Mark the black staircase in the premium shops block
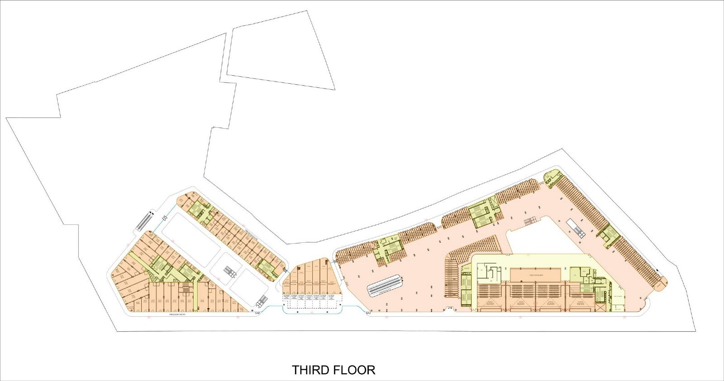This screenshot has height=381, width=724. [x=185, y=289]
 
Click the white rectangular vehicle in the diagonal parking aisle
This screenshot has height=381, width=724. [x=576, y=228]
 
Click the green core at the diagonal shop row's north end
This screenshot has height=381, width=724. [x=197, y=209]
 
